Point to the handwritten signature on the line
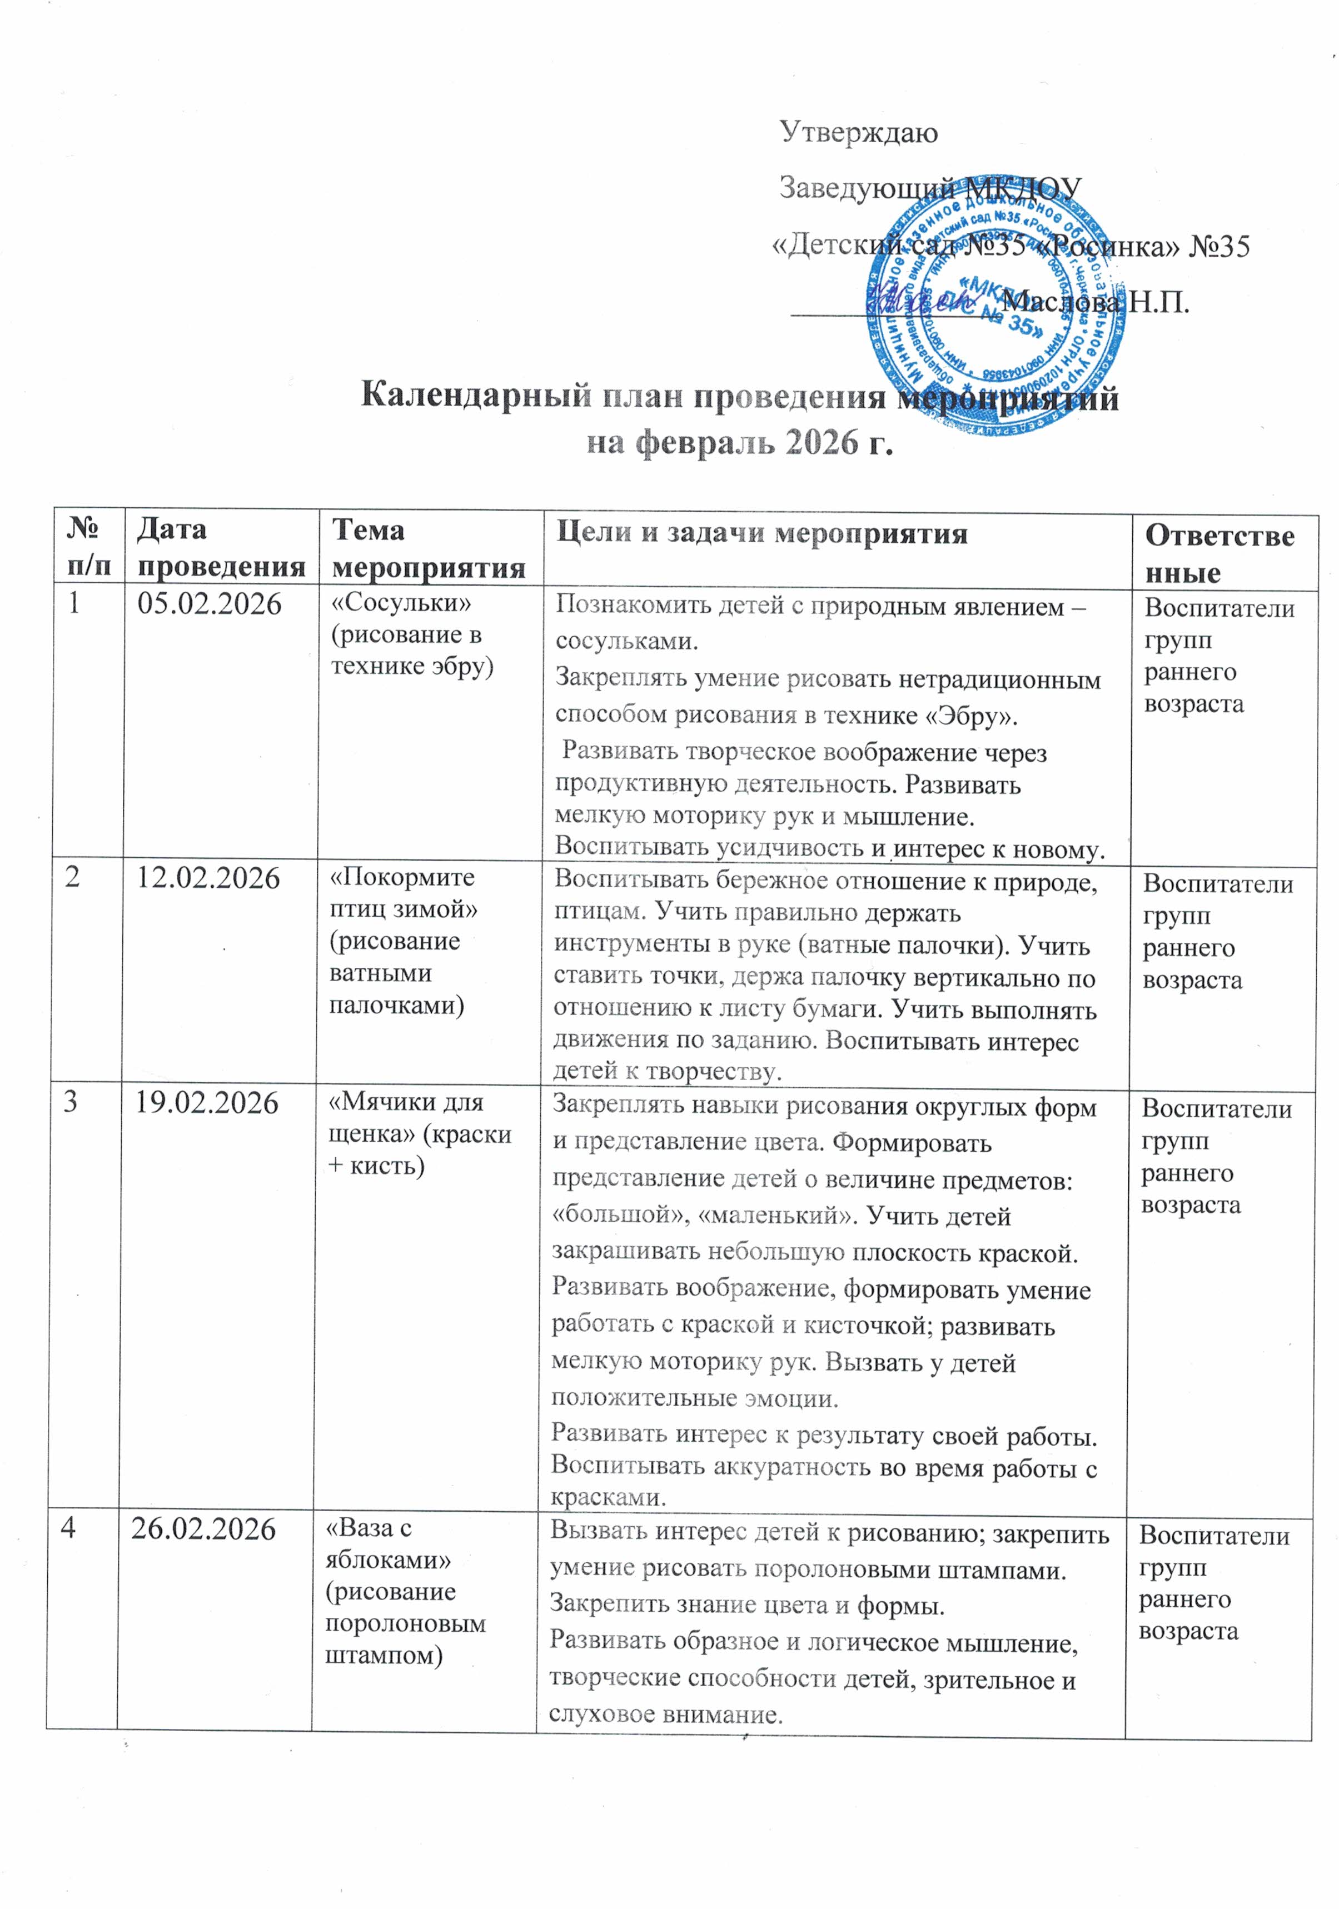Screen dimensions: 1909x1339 [x=919, y=299]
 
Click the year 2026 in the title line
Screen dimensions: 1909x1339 [x=819, y=442]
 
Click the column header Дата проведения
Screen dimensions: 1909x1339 [x=221, y=547]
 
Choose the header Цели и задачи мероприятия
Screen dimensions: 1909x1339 [x=761, y=533]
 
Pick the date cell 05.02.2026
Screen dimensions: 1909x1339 [x=209, y=604]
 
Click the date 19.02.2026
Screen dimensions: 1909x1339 [x=207, y=1103]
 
